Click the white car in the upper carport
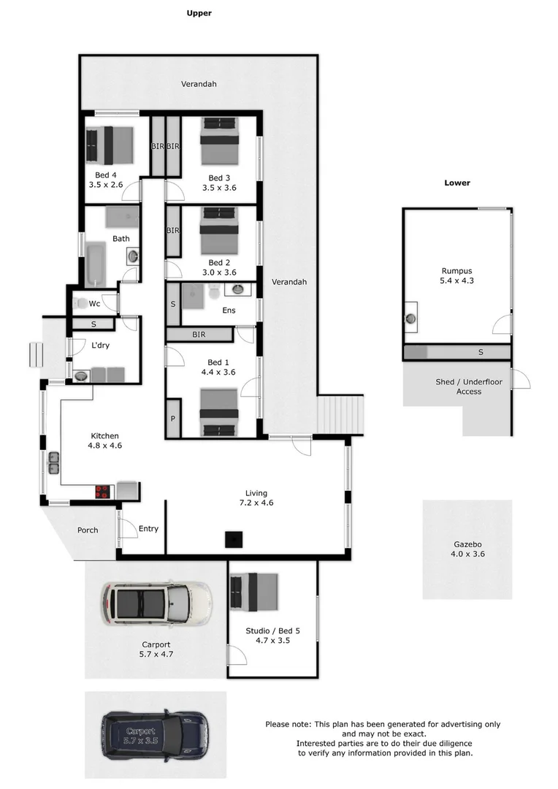coord(156,603)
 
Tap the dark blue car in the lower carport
coord(156,734)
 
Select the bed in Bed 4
coord(110,145)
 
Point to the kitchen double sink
coord(53,462)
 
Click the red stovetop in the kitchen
coord(102,492)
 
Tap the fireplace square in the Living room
coord(233,540)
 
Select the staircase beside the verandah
coord(340,414)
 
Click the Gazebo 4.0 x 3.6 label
coord(467,549)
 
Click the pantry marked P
coord(173,419)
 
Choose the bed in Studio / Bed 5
coord(255,591)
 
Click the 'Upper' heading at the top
coord(199,13)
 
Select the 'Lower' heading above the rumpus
coord(457,183)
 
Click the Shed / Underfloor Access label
coord(459,386)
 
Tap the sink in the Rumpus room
coord(411,318)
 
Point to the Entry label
coord(148,529)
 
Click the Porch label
coord(88,530)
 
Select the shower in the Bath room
coord(121,217)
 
